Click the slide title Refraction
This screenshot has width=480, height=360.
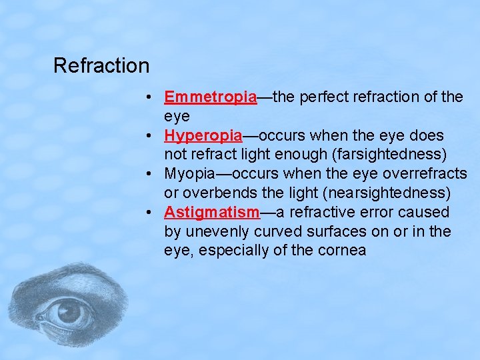pos(101,66)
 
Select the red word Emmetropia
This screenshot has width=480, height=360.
pos(210,97)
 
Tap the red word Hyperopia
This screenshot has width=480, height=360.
pos(203,136)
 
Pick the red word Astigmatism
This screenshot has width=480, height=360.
pos(211,213)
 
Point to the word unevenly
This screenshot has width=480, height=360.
pos(213,232)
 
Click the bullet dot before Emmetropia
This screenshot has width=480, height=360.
pos(153,97)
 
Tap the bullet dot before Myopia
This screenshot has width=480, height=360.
pos(153,174)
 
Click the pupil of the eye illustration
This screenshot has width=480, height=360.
pos(69,311)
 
